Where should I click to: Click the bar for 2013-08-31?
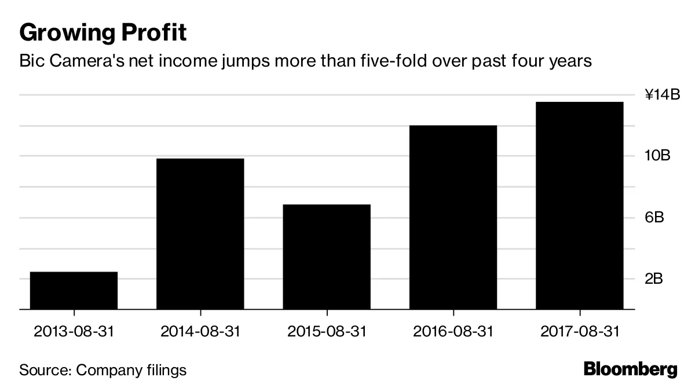(x=74, y=291)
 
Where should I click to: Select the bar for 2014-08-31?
(x=200, y=234)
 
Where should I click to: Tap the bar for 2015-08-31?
(x=327, y=257)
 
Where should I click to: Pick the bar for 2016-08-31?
(x=453, y=217)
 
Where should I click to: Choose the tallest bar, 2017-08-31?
(x=579, y=206)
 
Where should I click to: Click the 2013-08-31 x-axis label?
(x=74, y=332)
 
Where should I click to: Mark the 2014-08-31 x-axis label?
(x=200, y=332)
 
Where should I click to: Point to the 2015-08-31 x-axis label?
(x=327, y=332)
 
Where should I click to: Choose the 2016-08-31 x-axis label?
(x=453, y=332)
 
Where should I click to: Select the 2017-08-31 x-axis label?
(x=579, y=332)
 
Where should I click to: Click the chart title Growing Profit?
(x=103, y=33)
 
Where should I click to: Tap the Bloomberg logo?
(x=630, y=369)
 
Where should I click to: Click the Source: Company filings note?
(x=103, y=370)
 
